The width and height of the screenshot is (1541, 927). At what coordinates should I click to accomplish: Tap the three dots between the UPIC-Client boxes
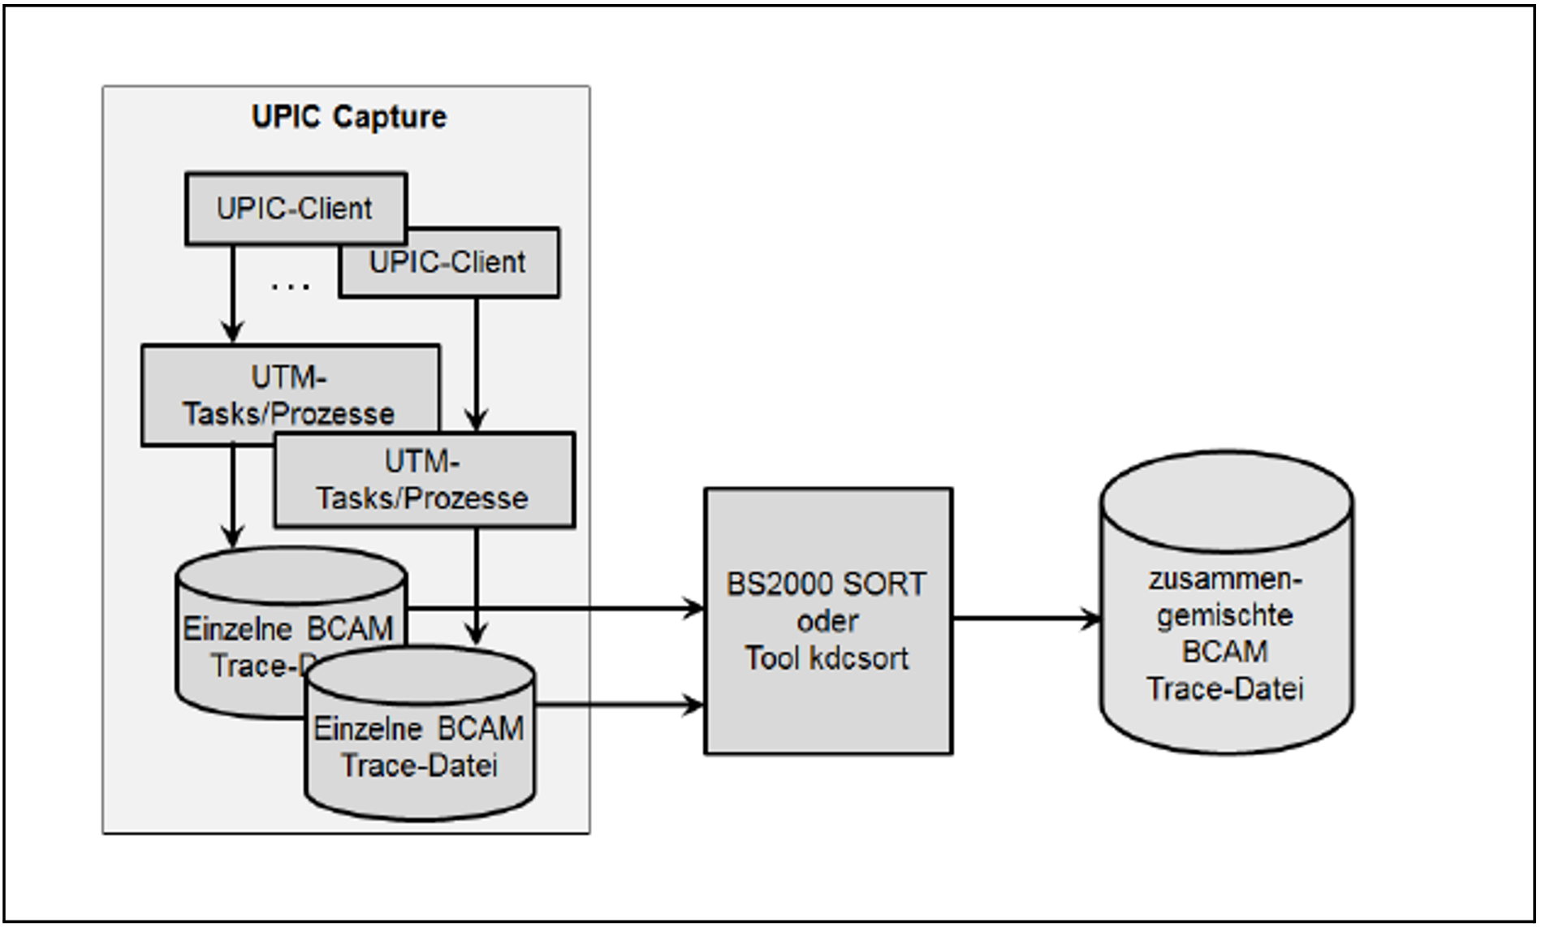point(290,287)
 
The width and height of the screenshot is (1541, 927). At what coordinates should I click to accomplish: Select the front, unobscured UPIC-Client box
point(296,209)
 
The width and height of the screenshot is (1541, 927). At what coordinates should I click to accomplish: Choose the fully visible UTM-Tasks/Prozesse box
point(423,480)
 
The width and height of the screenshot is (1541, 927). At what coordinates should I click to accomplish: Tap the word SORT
point(884,584)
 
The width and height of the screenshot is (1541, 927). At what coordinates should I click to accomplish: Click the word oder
point(827,622)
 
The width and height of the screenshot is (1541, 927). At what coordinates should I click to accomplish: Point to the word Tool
point(772,658)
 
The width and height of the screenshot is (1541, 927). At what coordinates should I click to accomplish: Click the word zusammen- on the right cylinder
point(1225,580)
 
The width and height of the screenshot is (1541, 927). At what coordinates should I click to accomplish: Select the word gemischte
point(1225,616)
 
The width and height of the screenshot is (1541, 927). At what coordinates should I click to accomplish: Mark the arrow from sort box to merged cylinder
point(1026,619)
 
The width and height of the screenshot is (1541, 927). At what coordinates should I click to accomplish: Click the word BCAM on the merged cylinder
point(1225,652)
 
